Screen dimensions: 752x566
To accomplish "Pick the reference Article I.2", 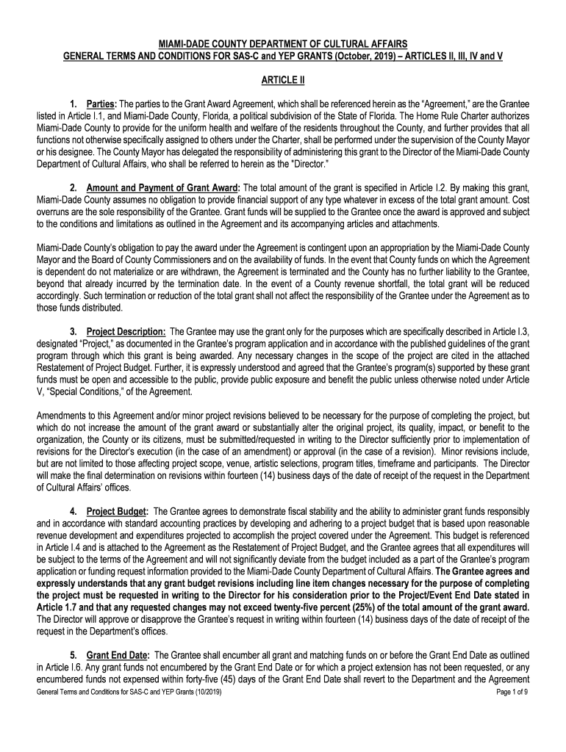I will [x=409, y=187].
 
